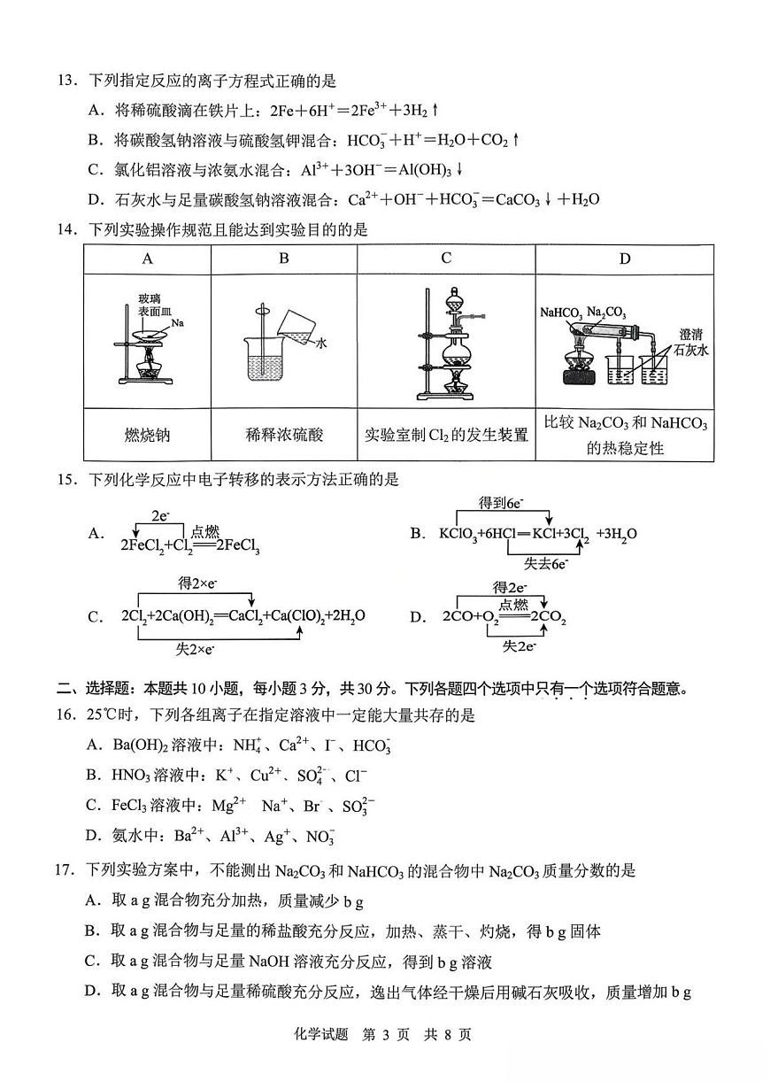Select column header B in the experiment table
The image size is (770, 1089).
point(283,259)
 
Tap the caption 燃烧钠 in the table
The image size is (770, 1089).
point(147,435)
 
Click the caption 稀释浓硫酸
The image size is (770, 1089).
point(284,435)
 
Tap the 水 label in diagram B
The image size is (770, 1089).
point(322,345)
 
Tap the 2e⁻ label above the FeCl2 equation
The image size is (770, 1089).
point(160,514)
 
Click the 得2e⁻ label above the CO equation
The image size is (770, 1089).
point(511,587)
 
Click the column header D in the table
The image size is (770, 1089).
point(624,259)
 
